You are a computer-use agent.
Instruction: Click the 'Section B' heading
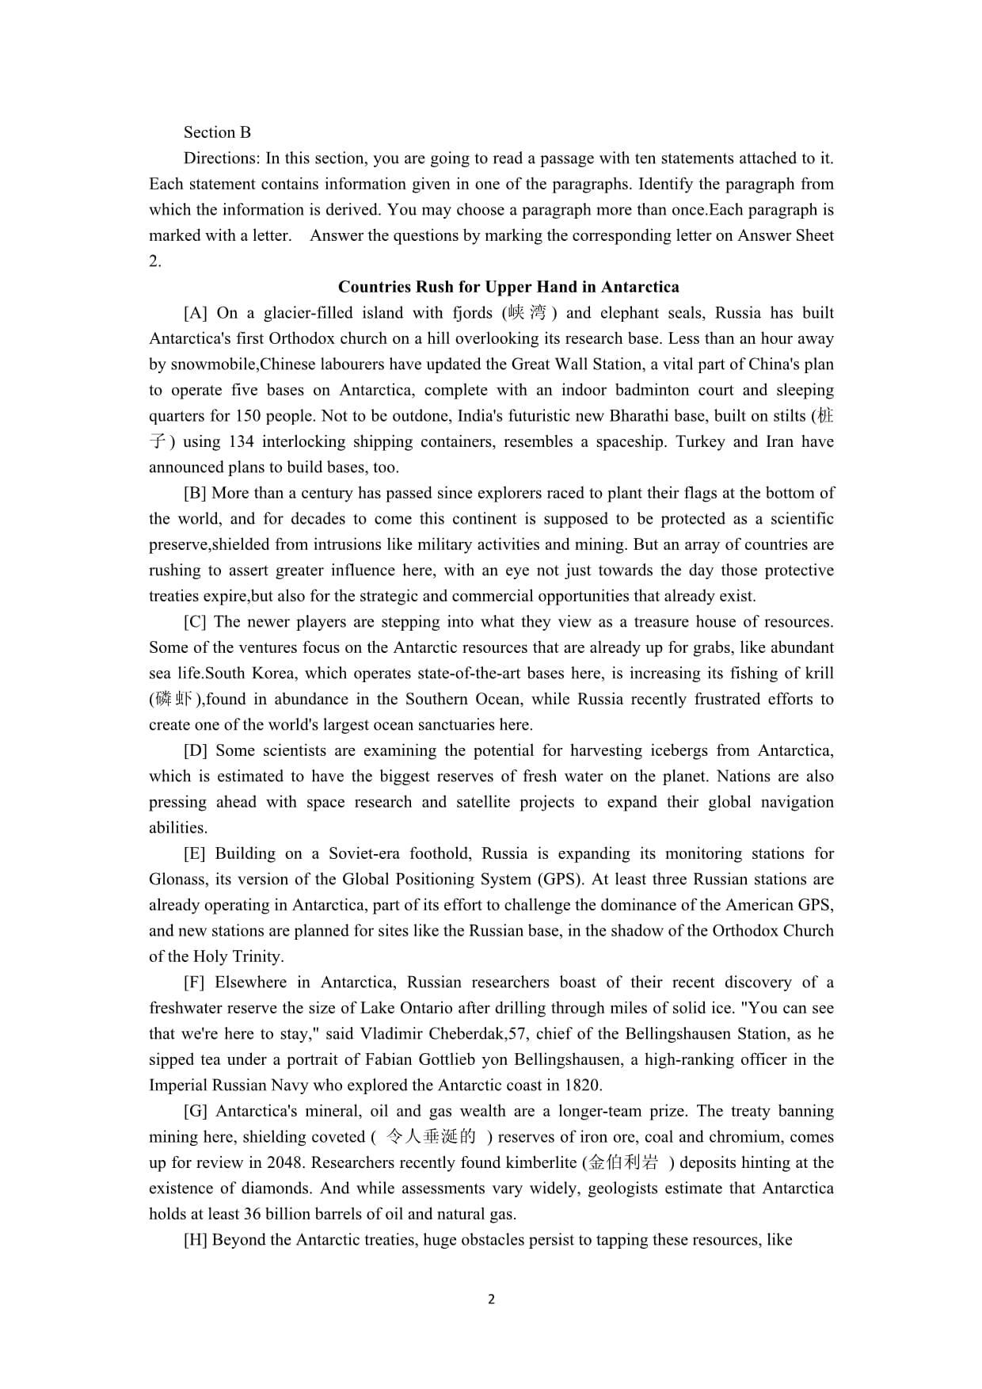pos(217,132)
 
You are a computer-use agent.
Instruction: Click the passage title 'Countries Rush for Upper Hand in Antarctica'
pos(508,287)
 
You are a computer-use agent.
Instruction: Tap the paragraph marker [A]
pos(195,313)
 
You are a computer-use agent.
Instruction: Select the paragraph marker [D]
pos(195,750)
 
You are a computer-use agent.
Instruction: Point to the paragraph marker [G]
pos(195,1111)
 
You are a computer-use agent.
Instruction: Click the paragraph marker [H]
pos(195,1240)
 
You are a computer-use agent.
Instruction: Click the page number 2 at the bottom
pos(491,1299)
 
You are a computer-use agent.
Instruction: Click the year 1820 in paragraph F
pos(584,1086)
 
